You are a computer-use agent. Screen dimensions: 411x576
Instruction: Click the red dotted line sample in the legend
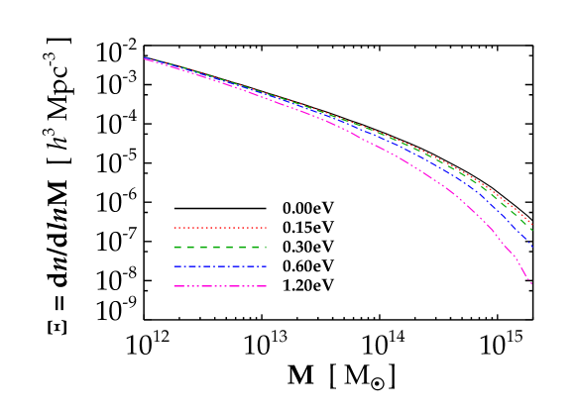(220, 228)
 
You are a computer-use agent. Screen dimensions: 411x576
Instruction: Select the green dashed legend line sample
(220, 247)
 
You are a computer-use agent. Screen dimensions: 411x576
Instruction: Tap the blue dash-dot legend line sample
(220, 266)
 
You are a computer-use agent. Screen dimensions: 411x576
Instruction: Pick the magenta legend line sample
(220, 286)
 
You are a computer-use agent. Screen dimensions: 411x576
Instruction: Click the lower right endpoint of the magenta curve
(532, 284)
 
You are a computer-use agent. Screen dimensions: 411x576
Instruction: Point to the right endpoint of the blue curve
(532, 247)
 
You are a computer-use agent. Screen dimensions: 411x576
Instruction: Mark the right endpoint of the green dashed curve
(532, 231)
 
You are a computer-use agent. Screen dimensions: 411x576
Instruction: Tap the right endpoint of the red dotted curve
(532, 225)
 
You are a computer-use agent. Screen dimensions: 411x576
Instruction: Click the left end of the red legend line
(174, 228)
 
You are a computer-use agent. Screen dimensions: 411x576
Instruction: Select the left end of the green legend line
(174, 247)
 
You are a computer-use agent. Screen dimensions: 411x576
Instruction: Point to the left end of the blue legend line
(174, 266)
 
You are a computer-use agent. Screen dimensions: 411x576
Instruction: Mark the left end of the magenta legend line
(174, 286)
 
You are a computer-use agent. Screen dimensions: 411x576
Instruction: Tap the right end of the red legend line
(267, 228)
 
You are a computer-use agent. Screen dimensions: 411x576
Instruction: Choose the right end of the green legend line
(267, 247)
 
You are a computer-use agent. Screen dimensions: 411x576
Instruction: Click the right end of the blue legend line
(267, 266)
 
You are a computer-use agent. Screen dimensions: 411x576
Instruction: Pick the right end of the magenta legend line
(267, 286)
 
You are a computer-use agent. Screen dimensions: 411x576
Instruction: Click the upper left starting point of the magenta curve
(145, 59)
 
